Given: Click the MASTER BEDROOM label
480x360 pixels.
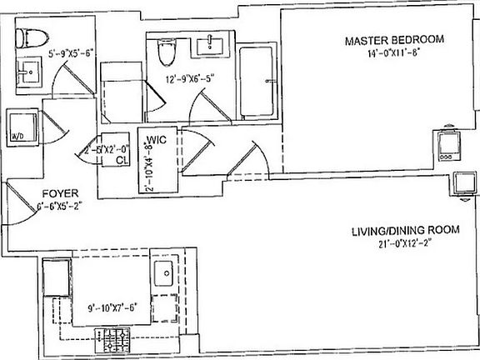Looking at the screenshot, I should point(396,39).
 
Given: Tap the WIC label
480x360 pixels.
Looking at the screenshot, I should point(157,140).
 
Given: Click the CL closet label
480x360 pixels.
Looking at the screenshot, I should point(121,158).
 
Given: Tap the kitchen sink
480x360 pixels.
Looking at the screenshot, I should point(162,271).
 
